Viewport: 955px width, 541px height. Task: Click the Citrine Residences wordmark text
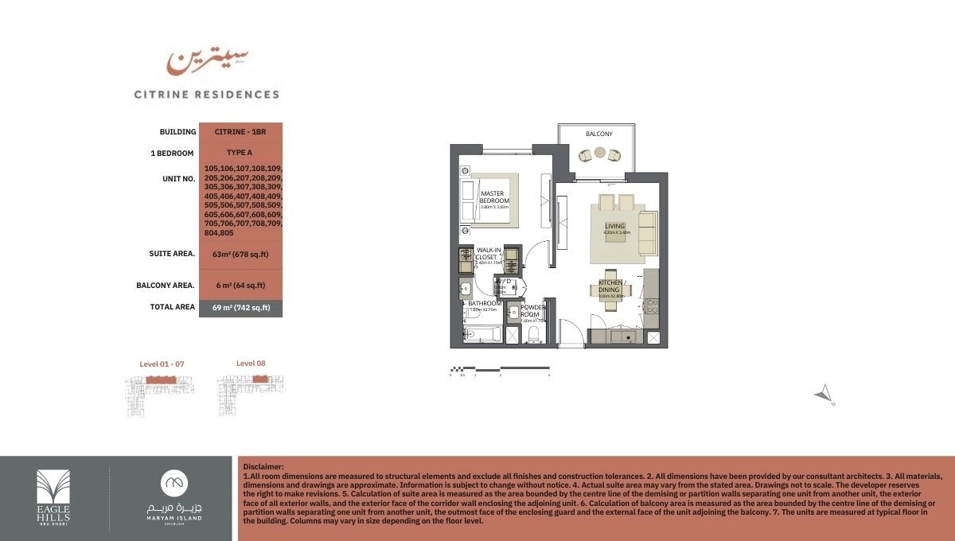[206, 94]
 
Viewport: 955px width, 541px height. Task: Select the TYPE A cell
[240, 153]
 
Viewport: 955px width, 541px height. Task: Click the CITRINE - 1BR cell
[240, 131]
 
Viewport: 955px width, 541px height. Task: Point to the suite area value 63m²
[240, 254]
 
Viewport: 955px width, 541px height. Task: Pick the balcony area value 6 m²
[240, 285]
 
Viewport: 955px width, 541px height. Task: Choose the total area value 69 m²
[240, 307]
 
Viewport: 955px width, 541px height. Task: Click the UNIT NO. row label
[178, 179]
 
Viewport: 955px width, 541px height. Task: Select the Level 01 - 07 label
[162, 364]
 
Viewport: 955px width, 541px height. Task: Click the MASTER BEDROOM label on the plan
[494, 197]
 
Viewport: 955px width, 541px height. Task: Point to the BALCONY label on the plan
[599, 134]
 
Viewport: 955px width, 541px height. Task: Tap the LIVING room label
[614, 227]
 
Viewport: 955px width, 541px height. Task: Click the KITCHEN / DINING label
[613, 286]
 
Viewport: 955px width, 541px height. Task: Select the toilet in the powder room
[534, 333]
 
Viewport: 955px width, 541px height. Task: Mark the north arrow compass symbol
[824, 393]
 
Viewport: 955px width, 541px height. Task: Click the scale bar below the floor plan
[500, 368]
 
